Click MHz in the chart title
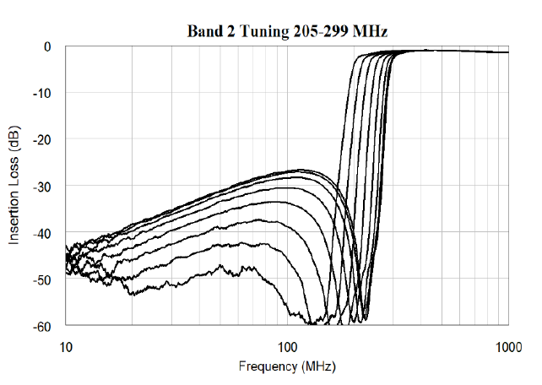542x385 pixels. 367,32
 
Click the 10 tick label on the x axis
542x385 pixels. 66,345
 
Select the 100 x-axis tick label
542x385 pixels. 288,345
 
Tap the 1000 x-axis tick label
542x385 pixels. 508,345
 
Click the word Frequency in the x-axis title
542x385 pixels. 268,366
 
